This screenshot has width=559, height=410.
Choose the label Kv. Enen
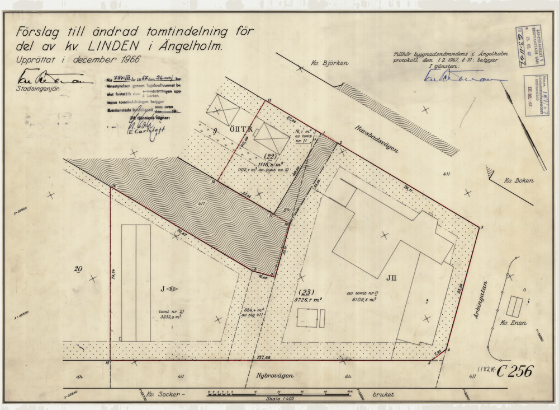pyautogui.click(x=514, y=323)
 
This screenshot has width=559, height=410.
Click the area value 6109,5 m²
pyautogui.click(x=362, y=300)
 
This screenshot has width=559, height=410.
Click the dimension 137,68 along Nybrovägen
pyautogui.click(x=261, y=357)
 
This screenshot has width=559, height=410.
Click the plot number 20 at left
pyautogui.click(x=78, y=269)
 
